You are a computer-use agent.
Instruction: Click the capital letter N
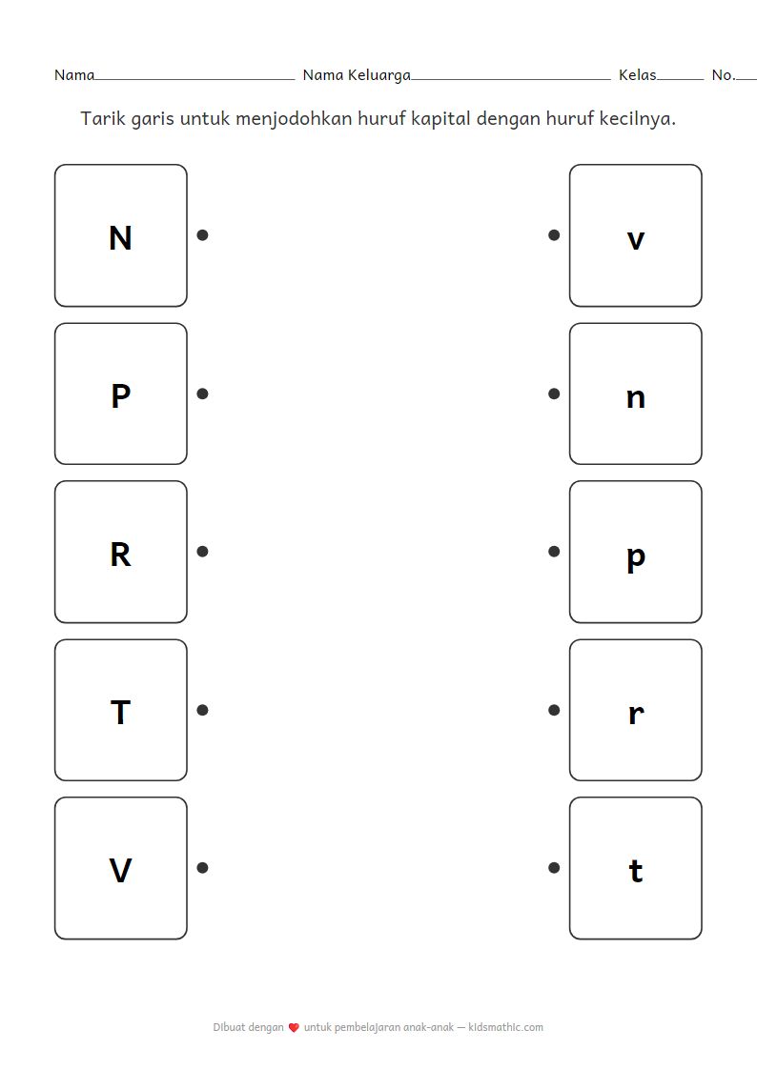(x=120, y=238)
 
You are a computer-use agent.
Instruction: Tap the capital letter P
(x=120, y=395)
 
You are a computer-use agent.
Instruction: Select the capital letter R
(x=120, y=555)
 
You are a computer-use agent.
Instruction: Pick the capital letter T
(x=120, y=713)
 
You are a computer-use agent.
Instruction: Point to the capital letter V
(x=120, y=871)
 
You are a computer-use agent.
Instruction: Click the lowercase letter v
(x=636, y=240)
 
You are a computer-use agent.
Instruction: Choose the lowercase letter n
(x=636, y=398)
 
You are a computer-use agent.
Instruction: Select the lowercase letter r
(x=636, y=715)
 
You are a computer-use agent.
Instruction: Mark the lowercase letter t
(x=636, y=872)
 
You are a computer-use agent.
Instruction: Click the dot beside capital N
(x=202, y=234)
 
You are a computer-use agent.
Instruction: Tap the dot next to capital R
(x=202, y=552)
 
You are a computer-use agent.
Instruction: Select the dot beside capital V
(x=202, y=868)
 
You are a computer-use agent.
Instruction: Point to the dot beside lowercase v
(x=554, y=234)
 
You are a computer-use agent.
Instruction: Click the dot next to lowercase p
(x=554, y=552)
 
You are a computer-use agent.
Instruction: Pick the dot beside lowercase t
(x=554, y=868)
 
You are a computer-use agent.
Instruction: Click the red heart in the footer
(x=294, y=1028)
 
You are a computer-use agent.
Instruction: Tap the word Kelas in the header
(x=638, y=75)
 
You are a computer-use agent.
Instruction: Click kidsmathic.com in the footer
(x=506, y=1027)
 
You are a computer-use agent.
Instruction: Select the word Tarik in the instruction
(x=102, y=119)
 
